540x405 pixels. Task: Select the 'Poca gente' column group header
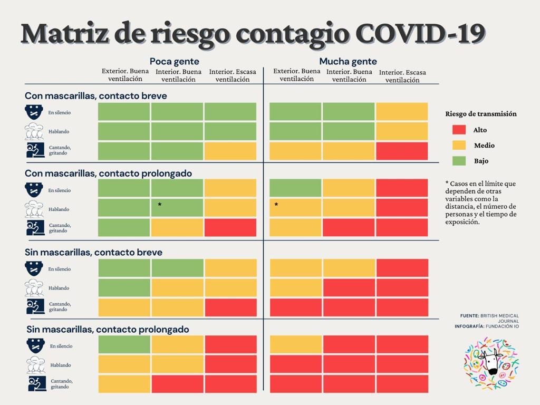175,61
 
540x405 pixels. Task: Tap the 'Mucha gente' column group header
348,61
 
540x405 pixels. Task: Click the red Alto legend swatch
459,130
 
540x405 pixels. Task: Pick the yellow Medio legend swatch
459,146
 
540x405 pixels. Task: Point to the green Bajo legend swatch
459,161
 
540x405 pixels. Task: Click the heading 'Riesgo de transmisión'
481,113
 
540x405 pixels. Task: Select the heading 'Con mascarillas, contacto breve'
95,96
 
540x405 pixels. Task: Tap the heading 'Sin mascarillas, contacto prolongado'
108,329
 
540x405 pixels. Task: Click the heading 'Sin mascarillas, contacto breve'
93,252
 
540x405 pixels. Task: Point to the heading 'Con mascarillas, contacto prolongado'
108,173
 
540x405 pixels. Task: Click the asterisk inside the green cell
160,205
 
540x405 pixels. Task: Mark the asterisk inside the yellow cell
276,205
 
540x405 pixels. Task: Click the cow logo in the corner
490,364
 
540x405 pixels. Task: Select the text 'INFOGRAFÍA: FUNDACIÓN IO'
487,326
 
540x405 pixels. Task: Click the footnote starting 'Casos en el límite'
481,203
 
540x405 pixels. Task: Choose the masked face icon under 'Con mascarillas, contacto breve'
34,112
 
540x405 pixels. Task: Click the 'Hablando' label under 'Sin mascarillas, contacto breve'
59,288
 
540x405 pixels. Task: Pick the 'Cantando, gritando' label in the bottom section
61,384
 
